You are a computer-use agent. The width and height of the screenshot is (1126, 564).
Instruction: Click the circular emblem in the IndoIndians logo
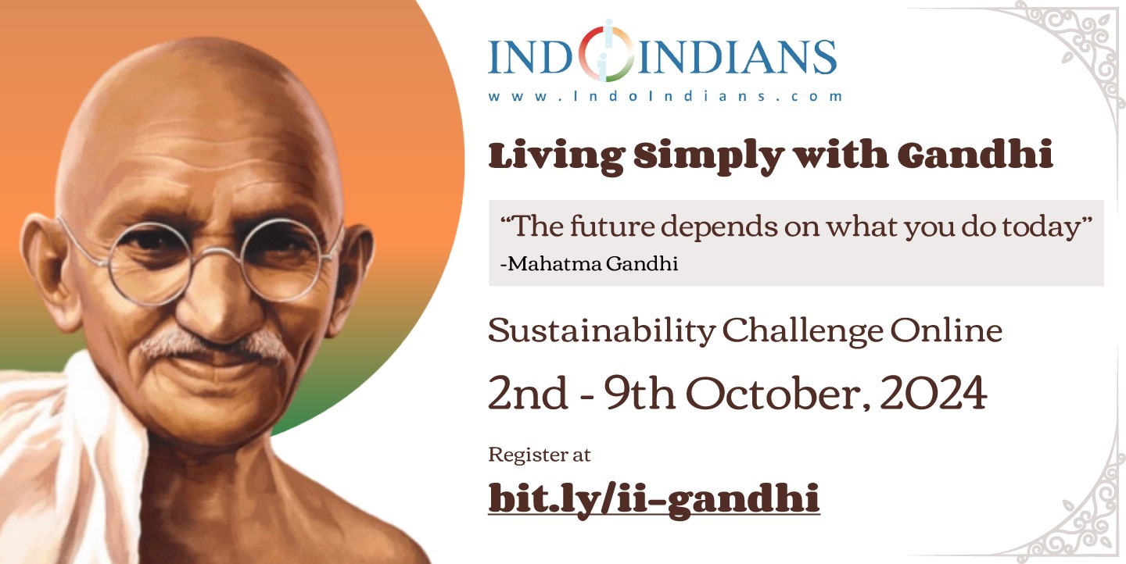pos(606,52)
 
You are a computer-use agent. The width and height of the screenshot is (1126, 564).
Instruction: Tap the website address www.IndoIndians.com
pos(665,96)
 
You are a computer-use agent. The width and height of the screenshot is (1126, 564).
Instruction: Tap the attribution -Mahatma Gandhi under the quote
pos(589,264)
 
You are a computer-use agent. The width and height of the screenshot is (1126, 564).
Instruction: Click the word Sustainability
pos(602,331)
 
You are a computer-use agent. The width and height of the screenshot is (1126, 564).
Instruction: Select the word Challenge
pos(802,331)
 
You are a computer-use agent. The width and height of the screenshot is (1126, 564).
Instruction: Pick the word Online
pos(946,330)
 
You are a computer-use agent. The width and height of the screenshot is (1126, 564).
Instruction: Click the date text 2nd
pos(529,393)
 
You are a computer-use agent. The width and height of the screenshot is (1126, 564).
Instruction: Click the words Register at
pos(540,455)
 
